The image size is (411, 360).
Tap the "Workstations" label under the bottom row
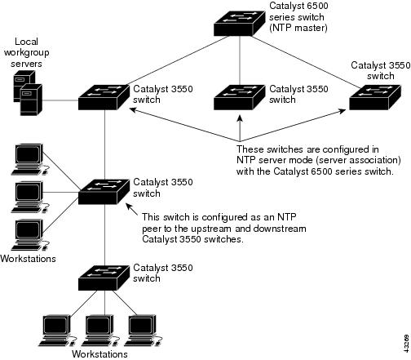point(99,354)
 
